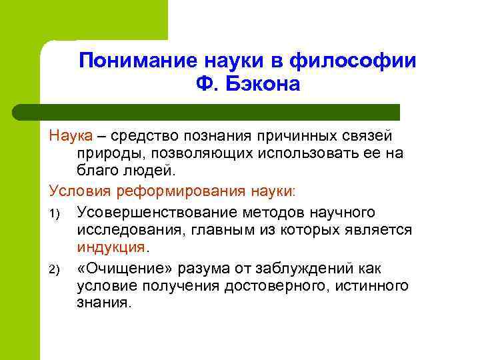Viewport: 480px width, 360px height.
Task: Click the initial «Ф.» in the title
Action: (x=207, y=85)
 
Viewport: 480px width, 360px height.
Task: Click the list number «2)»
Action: (x=55, y=268)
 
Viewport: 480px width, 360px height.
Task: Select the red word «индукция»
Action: (x=111, y=248)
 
